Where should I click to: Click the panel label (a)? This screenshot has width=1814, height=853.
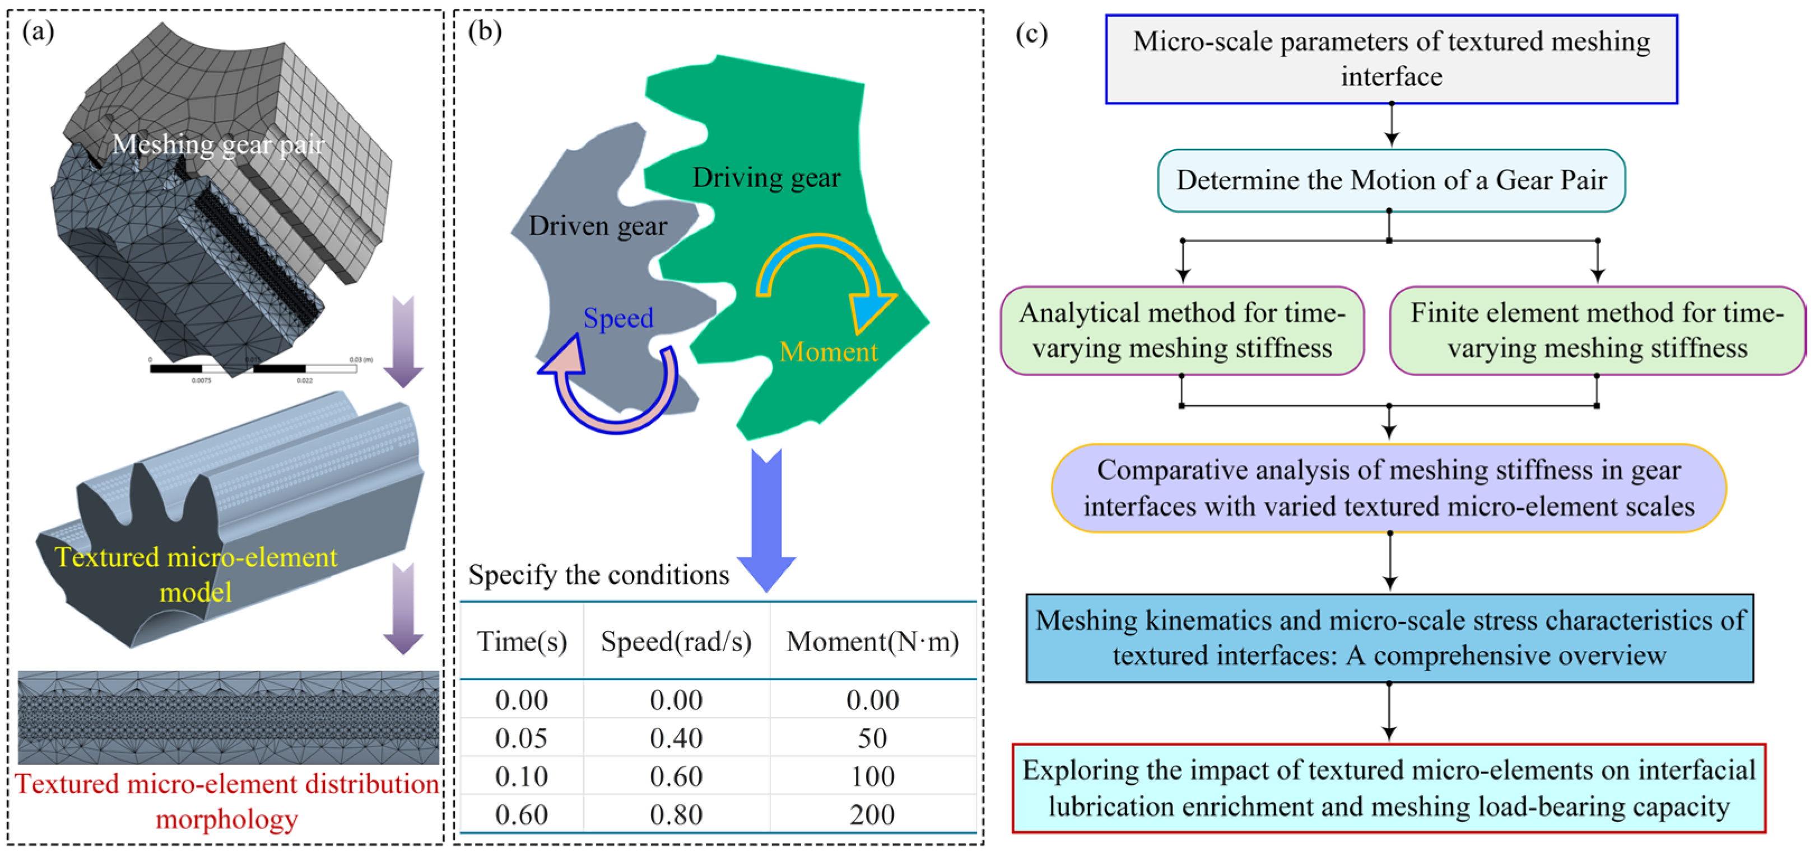[x=38, y=32]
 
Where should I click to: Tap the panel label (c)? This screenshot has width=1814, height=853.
[x=1031, y=33]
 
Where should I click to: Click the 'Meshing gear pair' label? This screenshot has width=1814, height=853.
[x=218, y=144]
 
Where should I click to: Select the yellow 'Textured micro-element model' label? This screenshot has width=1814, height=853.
[x=196, y=574]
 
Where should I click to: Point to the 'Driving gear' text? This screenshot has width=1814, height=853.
[x=766, y=177]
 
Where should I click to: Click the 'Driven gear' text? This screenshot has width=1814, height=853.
[x=598, y=226]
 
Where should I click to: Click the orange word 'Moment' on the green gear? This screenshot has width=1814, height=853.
[x=828, y=351]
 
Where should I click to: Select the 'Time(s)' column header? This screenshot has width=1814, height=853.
[x=522, y=641]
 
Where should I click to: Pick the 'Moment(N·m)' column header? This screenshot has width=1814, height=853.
[x=872, y=641]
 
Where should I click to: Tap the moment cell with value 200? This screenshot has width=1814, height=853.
[x=872, y=814]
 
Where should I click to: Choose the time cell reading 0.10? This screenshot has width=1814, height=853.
[x=522, y=776]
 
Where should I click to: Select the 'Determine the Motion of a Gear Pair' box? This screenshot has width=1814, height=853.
[x=1392, y=180]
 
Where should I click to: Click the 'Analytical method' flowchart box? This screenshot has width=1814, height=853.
[x=1182, y=330]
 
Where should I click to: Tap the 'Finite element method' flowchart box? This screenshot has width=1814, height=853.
[x=1597, y=330]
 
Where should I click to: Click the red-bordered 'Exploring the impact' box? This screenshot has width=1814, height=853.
[x=1389, y=788]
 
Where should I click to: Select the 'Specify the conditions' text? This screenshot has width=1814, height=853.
[x=598, y=575]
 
